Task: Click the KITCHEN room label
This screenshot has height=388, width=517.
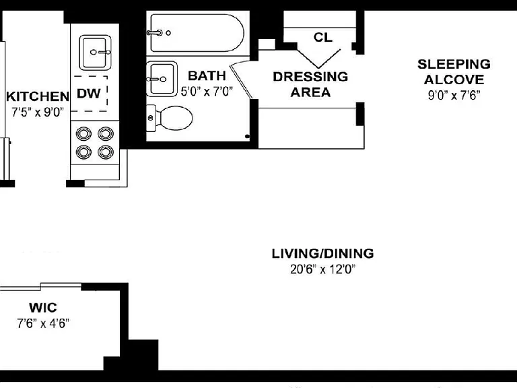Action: click(x=38, y=97)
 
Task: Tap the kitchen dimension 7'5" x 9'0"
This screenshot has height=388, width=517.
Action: click(x=37, y=112)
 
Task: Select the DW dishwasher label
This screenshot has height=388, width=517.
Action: click(x=88, y=94)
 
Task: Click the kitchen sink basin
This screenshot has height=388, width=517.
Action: click(x=95, y=53)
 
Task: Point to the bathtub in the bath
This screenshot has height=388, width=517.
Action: click(x=197, y=33)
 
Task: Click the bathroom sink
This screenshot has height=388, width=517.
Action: click(x=162, y=79)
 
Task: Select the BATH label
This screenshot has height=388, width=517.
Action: click(x=207, y=76)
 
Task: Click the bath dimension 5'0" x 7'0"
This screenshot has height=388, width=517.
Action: click(x=207, y=92)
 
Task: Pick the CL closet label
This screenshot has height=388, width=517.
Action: click(x=323, y=37)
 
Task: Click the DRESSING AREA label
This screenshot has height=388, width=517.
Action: click(x=310, y=84)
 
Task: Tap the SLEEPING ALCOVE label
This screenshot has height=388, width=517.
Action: click(x=454, y=71)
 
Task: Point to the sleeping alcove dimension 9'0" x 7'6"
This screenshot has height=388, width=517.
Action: click(x=454, y=96)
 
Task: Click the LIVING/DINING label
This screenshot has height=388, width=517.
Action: click(x=323, y=253)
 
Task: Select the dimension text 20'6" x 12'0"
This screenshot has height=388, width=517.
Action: click(x=323, y=269)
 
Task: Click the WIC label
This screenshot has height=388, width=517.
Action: click(x=43, y=308)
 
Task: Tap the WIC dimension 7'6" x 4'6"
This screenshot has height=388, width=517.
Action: click(x=43, y=323)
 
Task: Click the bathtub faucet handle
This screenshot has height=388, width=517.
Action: click(x=155, y=32)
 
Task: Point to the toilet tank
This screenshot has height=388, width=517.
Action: click(x=151, y=118)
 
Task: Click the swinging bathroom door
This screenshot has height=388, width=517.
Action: click(x=241, y=82)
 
